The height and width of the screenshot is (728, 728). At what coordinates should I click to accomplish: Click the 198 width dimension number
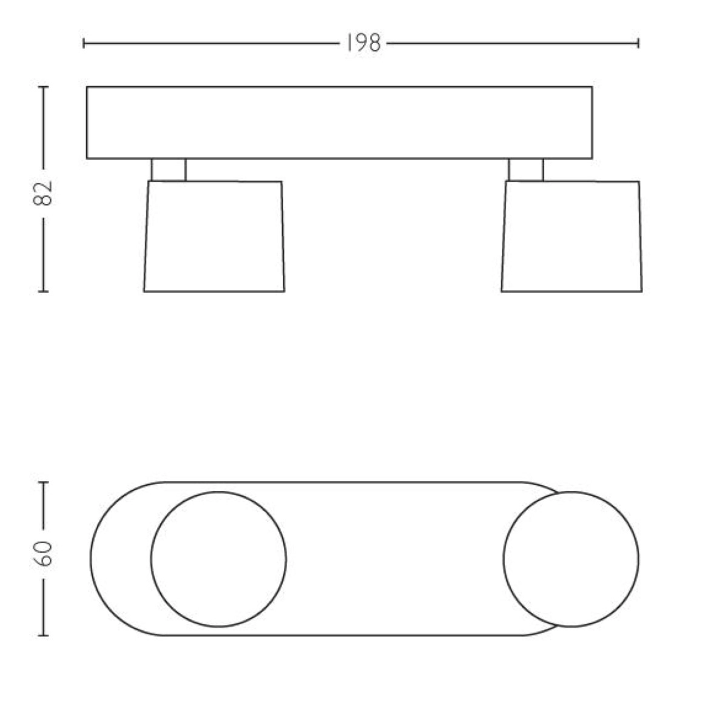pyautogui.click(x=363, y=43)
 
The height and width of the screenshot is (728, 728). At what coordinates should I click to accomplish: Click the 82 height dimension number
pyautogui.click(x=42, y=193)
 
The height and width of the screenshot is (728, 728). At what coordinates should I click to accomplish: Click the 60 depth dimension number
pyautogui.click(x=42, y=553)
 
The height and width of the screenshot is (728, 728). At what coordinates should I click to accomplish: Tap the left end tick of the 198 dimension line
pyautogui.click(x=84, y=43)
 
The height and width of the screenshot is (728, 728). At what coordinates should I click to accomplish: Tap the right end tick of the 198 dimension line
pyautogui.click(x=638, y=43)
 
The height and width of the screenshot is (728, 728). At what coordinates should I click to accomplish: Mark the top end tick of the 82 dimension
pyautogui.click(x=43, y=87)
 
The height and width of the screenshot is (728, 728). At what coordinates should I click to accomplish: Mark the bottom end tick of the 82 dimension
pyautogui.click(x=43, y=291)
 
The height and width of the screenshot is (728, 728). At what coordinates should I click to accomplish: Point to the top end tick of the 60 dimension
pyautogui.click(x=43, y=482)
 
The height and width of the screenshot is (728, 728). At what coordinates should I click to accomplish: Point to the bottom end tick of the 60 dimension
pyautogui.click(x=43, y=635)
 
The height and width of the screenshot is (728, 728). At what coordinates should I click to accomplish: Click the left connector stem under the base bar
pyautogui.click(x=169, y=170)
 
